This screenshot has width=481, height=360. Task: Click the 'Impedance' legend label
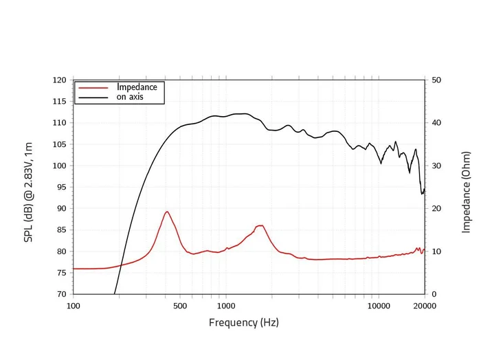point(137,87)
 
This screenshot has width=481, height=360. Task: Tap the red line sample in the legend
point(94,88)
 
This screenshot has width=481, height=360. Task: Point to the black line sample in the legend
point(94,98)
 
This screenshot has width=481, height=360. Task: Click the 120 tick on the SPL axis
point(59,80)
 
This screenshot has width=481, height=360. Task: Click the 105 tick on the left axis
point(59,144)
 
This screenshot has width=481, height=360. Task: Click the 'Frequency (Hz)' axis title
point(244,322)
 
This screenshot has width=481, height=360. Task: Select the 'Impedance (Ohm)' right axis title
point(467,187)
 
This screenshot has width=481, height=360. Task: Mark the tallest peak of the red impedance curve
point(166,212)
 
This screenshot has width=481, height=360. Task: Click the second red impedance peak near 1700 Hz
point(260,225)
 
